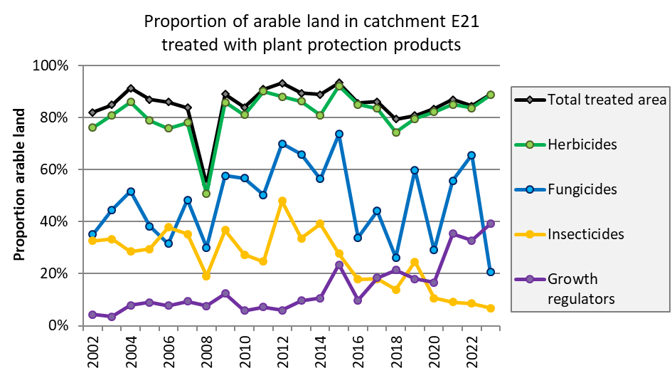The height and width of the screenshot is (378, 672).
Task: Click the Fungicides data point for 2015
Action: point(339,134)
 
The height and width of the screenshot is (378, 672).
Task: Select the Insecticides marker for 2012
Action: point(282,201)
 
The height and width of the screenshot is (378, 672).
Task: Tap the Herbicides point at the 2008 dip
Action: point(206,194)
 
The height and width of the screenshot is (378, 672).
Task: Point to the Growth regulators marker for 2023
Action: point(490,224)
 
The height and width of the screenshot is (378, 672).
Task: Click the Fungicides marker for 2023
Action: point(490,272)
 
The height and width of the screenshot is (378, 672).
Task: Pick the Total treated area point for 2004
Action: point(131,89)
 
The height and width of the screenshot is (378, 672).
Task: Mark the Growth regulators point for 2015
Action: point(339,265)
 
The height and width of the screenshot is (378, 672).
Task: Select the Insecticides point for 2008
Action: point(206,276)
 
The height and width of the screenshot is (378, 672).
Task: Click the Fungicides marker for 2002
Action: point(93,234)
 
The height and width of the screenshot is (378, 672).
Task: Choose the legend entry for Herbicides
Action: point(582,145)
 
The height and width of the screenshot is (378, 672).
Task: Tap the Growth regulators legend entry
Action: point(582,288)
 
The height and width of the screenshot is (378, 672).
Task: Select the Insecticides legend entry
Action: point(586,234)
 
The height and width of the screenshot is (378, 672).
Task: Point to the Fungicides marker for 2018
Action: point(396,258)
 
